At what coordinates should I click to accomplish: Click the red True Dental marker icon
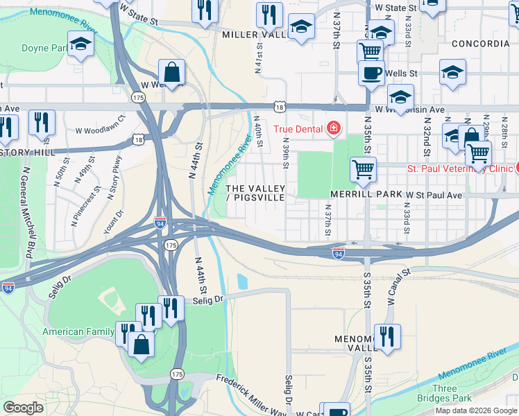click(x=334, y=128)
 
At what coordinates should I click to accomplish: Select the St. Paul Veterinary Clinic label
click(x=459, y=168)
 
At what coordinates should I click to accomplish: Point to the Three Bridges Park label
click(x=444, y=393)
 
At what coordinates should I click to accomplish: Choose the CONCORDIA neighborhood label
click(x=479, y=44)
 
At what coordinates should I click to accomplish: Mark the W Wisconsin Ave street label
click(x=409, y=110)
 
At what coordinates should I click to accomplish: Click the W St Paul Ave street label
click(x=434, y=196)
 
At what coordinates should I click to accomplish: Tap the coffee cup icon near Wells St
click(x=371, y=73)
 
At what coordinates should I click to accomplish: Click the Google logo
click(x=23, y=408)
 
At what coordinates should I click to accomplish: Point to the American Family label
click(x=78, y=332)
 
